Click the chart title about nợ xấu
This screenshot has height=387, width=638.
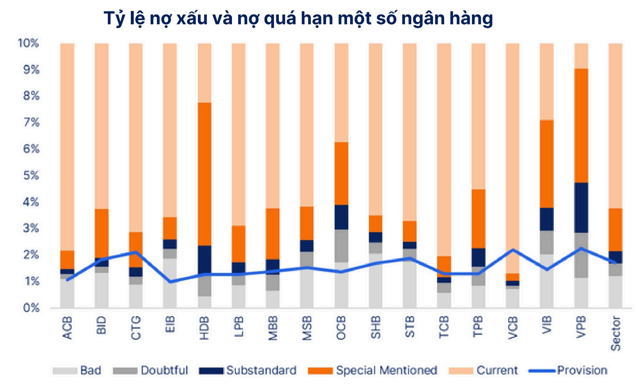coord(298,18)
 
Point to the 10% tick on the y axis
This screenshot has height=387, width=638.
coord(28,43)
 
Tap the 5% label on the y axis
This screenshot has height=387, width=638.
coord(31,175)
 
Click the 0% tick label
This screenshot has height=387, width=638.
coord(31,308)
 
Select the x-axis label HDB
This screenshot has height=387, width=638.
coord(204,328)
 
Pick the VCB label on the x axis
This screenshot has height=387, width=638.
coord(513,328)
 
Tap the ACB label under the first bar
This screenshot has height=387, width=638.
coord(67,328)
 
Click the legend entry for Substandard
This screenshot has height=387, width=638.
coord(248,370)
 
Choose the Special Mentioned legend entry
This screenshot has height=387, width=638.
coord(372,370)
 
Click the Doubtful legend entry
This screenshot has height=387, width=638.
coord(151,370)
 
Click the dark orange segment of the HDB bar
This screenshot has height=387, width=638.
coord(204,174)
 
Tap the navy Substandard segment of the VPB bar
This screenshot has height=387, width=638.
coord(581,208)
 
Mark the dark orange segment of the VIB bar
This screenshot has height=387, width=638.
coord(547,164)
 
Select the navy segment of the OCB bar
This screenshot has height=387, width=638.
coord(341,217)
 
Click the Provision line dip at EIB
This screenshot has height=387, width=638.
coord(170,282)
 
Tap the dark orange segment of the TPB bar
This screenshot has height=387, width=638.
coord(478,219)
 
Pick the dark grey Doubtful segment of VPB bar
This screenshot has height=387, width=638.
coord(581,255)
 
